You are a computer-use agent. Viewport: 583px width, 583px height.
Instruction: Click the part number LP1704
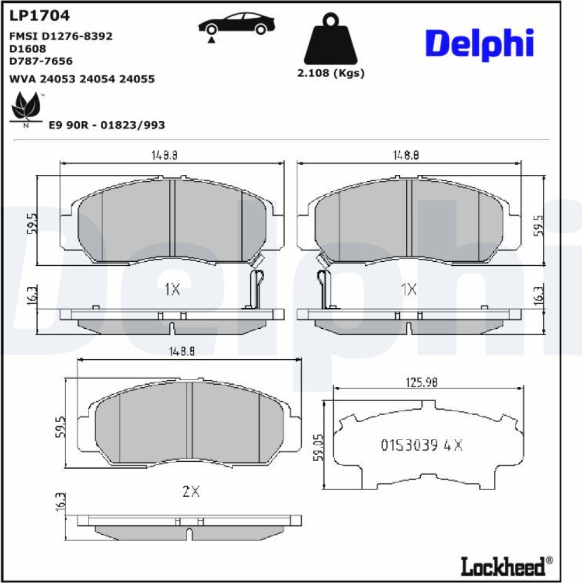click(40, 16)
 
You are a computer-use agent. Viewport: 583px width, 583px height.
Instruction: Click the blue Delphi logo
click(480, 44)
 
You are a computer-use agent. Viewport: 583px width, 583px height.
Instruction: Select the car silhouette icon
click(236, 27)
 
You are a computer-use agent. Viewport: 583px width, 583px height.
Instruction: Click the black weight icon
click(331, 38)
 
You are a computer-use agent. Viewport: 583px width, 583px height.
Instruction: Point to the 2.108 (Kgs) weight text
click(331, 73)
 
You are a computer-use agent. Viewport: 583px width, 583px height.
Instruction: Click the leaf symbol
click(26, 109)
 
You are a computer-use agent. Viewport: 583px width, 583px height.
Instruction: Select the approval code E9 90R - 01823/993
click(107, 125)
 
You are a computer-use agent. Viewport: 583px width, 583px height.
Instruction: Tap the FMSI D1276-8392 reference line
click(61, 36)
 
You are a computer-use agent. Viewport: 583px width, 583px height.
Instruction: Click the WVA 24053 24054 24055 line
click(82, 79)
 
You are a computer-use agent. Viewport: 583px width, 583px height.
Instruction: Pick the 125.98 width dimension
click(422, 382)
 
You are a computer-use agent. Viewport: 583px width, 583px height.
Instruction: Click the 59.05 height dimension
click(318, 447)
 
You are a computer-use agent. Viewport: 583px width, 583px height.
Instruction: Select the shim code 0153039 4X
click(422, 445)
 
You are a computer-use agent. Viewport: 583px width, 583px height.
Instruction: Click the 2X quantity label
click(191, 491)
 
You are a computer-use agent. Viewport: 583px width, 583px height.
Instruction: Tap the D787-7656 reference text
click(41, 61)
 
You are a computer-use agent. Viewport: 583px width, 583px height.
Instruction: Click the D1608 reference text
click(27, 48)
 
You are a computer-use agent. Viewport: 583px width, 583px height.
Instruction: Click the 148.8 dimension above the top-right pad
click(406, 155)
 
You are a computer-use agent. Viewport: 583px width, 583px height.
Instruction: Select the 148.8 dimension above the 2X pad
click(182, 352)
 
